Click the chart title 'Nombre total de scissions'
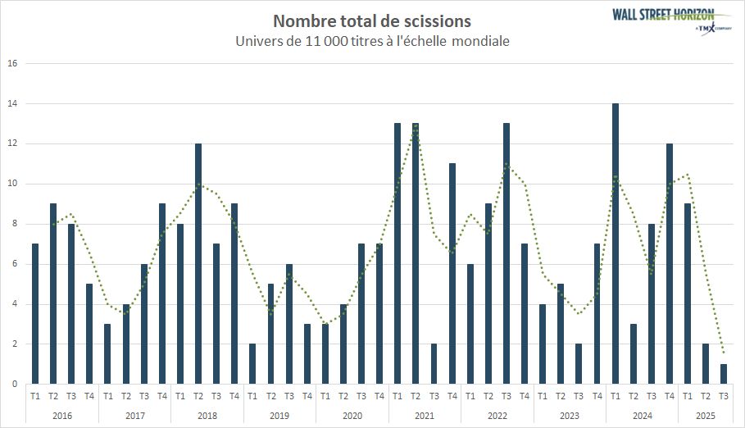coord(372,20)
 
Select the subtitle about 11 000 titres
coord(372,40)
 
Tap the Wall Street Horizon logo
coord(663,18)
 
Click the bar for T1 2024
coord(615,244)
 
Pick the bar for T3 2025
coord(724,374)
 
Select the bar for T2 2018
coord(198,263)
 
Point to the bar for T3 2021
coord(434,364)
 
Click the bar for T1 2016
coord(35,313)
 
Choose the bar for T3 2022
coord(506,253)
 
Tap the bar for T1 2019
coord(252,364)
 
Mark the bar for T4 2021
coord(452,273)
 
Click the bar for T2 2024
coord(633,353)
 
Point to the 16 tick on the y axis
coord(11,63)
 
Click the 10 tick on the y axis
coord(11,184)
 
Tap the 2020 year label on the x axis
coord(352,417)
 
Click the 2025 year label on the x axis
coord(706,417)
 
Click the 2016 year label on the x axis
coord(62,417)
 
